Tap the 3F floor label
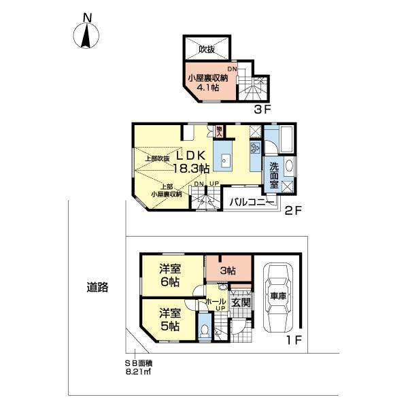[262, 108]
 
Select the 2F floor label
[293, 211]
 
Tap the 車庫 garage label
[279, 297]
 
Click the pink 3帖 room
[228, 271]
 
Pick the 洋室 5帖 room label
[170, 320]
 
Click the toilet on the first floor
[206, 331]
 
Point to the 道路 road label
[97, 287]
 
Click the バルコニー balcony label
[251, 203]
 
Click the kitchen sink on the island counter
[226, 162]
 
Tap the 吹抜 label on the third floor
[207, 49]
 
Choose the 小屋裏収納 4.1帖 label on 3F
[207, 82]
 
